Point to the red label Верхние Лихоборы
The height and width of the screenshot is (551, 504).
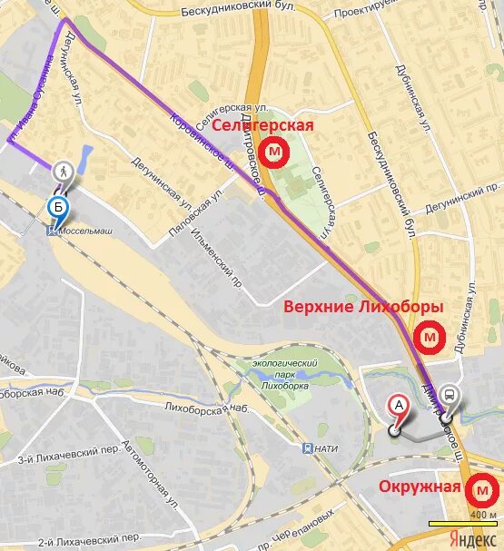pos(363,307)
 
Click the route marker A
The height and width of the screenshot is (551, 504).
pos(397,406)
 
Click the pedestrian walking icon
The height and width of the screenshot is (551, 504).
pos(63,170)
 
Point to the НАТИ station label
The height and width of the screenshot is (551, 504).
pos(321,448)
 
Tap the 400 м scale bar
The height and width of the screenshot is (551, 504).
pos(464,524)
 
